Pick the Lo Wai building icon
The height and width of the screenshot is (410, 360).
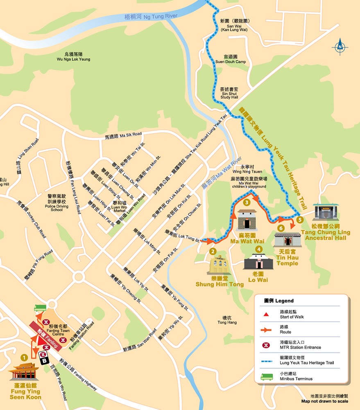pyautogui.click(x=258, y=261)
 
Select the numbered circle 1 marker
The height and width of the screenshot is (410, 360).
pyautogui.click(x=24, y=358)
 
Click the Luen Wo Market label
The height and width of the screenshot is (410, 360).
pyautogui.click(x=120, y=206)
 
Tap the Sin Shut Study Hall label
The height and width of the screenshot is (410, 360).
pyautogui.click(x=229, y=93)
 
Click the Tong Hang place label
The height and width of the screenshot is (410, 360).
pyautogui.click(x=227, y=320)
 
